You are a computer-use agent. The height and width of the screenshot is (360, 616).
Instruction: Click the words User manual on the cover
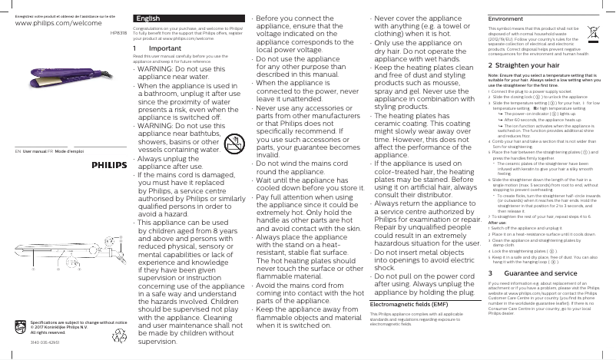click(35, 154)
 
